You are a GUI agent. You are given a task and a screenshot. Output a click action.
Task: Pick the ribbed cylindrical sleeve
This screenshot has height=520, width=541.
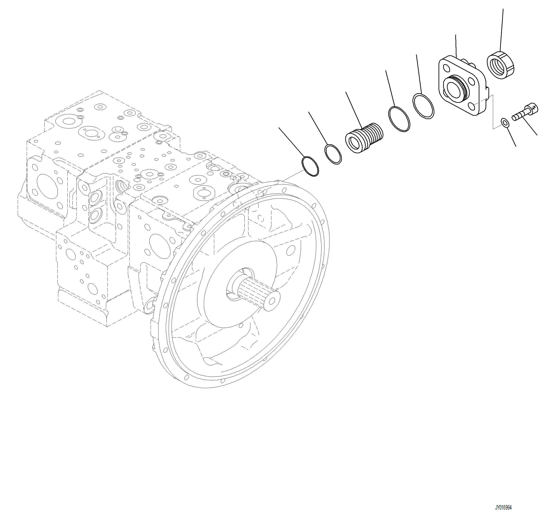click(364, 138)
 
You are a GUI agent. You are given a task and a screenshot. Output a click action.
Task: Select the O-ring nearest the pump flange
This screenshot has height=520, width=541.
click(310, 166)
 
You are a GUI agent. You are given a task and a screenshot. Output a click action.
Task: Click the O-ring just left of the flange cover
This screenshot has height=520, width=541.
click(423, 106)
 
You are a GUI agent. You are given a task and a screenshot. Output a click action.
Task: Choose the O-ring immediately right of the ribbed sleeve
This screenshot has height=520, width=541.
click(399, 119)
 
